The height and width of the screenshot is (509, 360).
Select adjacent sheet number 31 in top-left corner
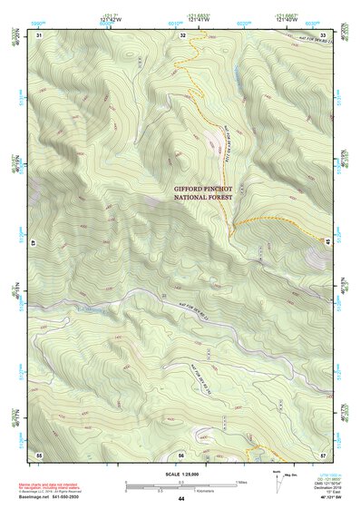coord(39,34)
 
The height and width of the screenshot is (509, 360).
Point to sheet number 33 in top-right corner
coord(323,34)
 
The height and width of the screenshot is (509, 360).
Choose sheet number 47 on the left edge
coord(34,243)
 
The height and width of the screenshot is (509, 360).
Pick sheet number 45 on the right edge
coord(326,240)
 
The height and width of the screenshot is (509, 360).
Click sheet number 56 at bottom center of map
coord(181,454)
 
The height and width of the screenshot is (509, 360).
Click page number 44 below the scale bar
coord(181,499)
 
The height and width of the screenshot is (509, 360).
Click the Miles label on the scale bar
coord(239,482)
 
